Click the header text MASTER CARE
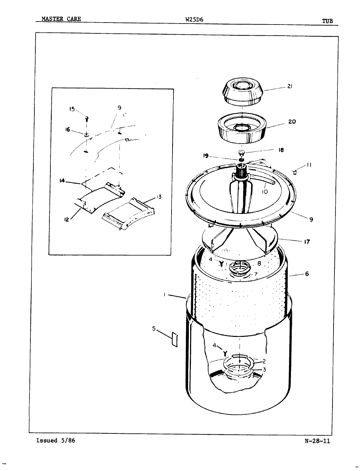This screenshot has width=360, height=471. coord(61,19)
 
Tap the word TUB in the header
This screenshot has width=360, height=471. coord(327,21)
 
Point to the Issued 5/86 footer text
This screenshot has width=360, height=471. coord(56,440)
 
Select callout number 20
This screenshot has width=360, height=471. coord(292,122)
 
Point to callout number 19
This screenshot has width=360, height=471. coord(205,156)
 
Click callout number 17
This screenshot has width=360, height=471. coord(307,242)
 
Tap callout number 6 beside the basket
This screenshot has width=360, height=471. coord(307,274)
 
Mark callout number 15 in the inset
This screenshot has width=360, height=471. coord(72,109)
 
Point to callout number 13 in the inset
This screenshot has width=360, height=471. coord(159,197)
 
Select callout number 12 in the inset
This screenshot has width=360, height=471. coord(67,220)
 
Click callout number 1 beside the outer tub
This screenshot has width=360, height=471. coord(164,295)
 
